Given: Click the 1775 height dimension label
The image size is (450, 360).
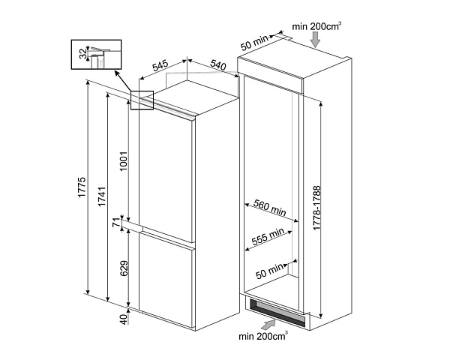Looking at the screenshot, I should pyautogui.click(x=81, y=192).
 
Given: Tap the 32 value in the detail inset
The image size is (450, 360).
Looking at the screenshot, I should pyautogui.click(x=82, y=54).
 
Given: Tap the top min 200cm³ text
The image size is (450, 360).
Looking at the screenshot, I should pyautogui.click(x=317, y=26).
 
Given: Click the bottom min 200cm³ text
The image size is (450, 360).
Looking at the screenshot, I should pyautogui.click(x=262, y=336).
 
